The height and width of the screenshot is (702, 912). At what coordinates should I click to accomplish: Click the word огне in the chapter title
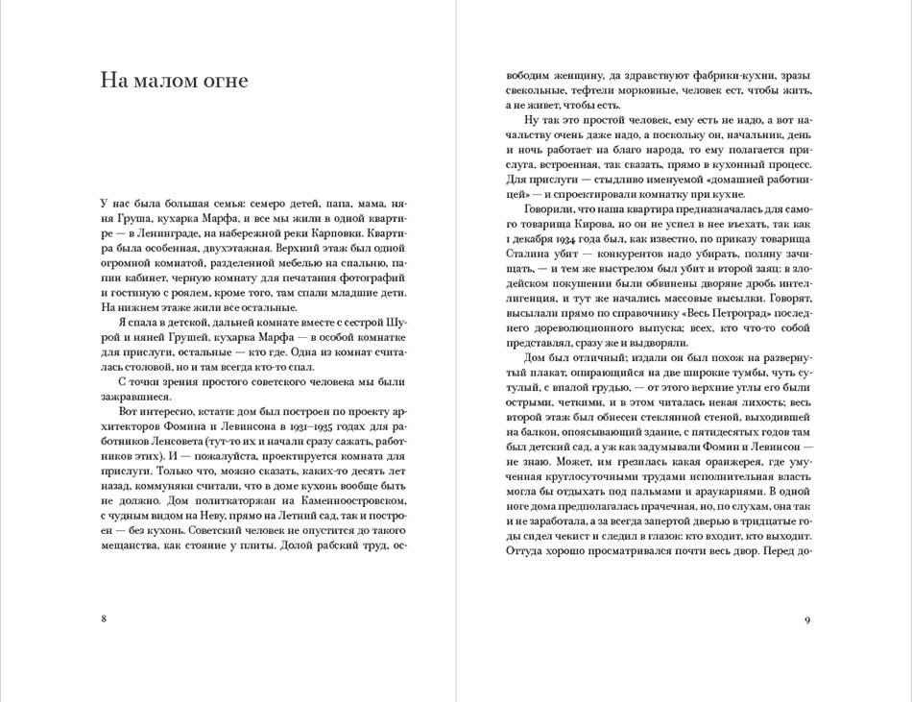222,81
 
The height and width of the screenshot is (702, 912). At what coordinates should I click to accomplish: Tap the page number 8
104,619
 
